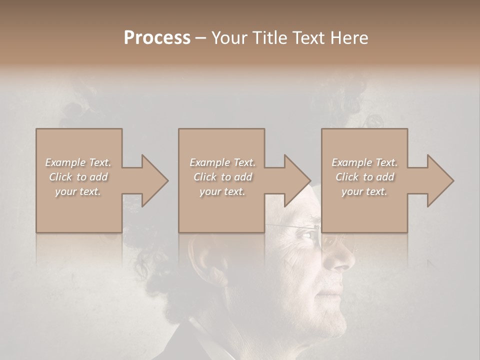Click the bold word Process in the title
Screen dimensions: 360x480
click(x=157, y=38)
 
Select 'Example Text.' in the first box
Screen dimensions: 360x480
click(x=78, y=162)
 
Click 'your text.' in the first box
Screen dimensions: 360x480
click(x=78, y=191)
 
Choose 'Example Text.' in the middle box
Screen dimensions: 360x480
click(x=222, y=162)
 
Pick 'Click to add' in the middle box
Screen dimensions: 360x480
click(x=222, y=177)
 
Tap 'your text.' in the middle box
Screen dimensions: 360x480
click(x=222, y=191)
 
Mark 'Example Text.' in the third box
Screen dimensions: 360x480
click(x=364, y=162)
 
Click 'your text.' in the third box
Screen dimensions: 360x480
click(x=364, y=191)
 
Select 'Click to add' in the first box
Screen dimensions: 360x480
click(x=78, y=177)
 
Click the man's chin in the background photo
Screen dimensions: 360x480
click(x=335, y=325)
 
